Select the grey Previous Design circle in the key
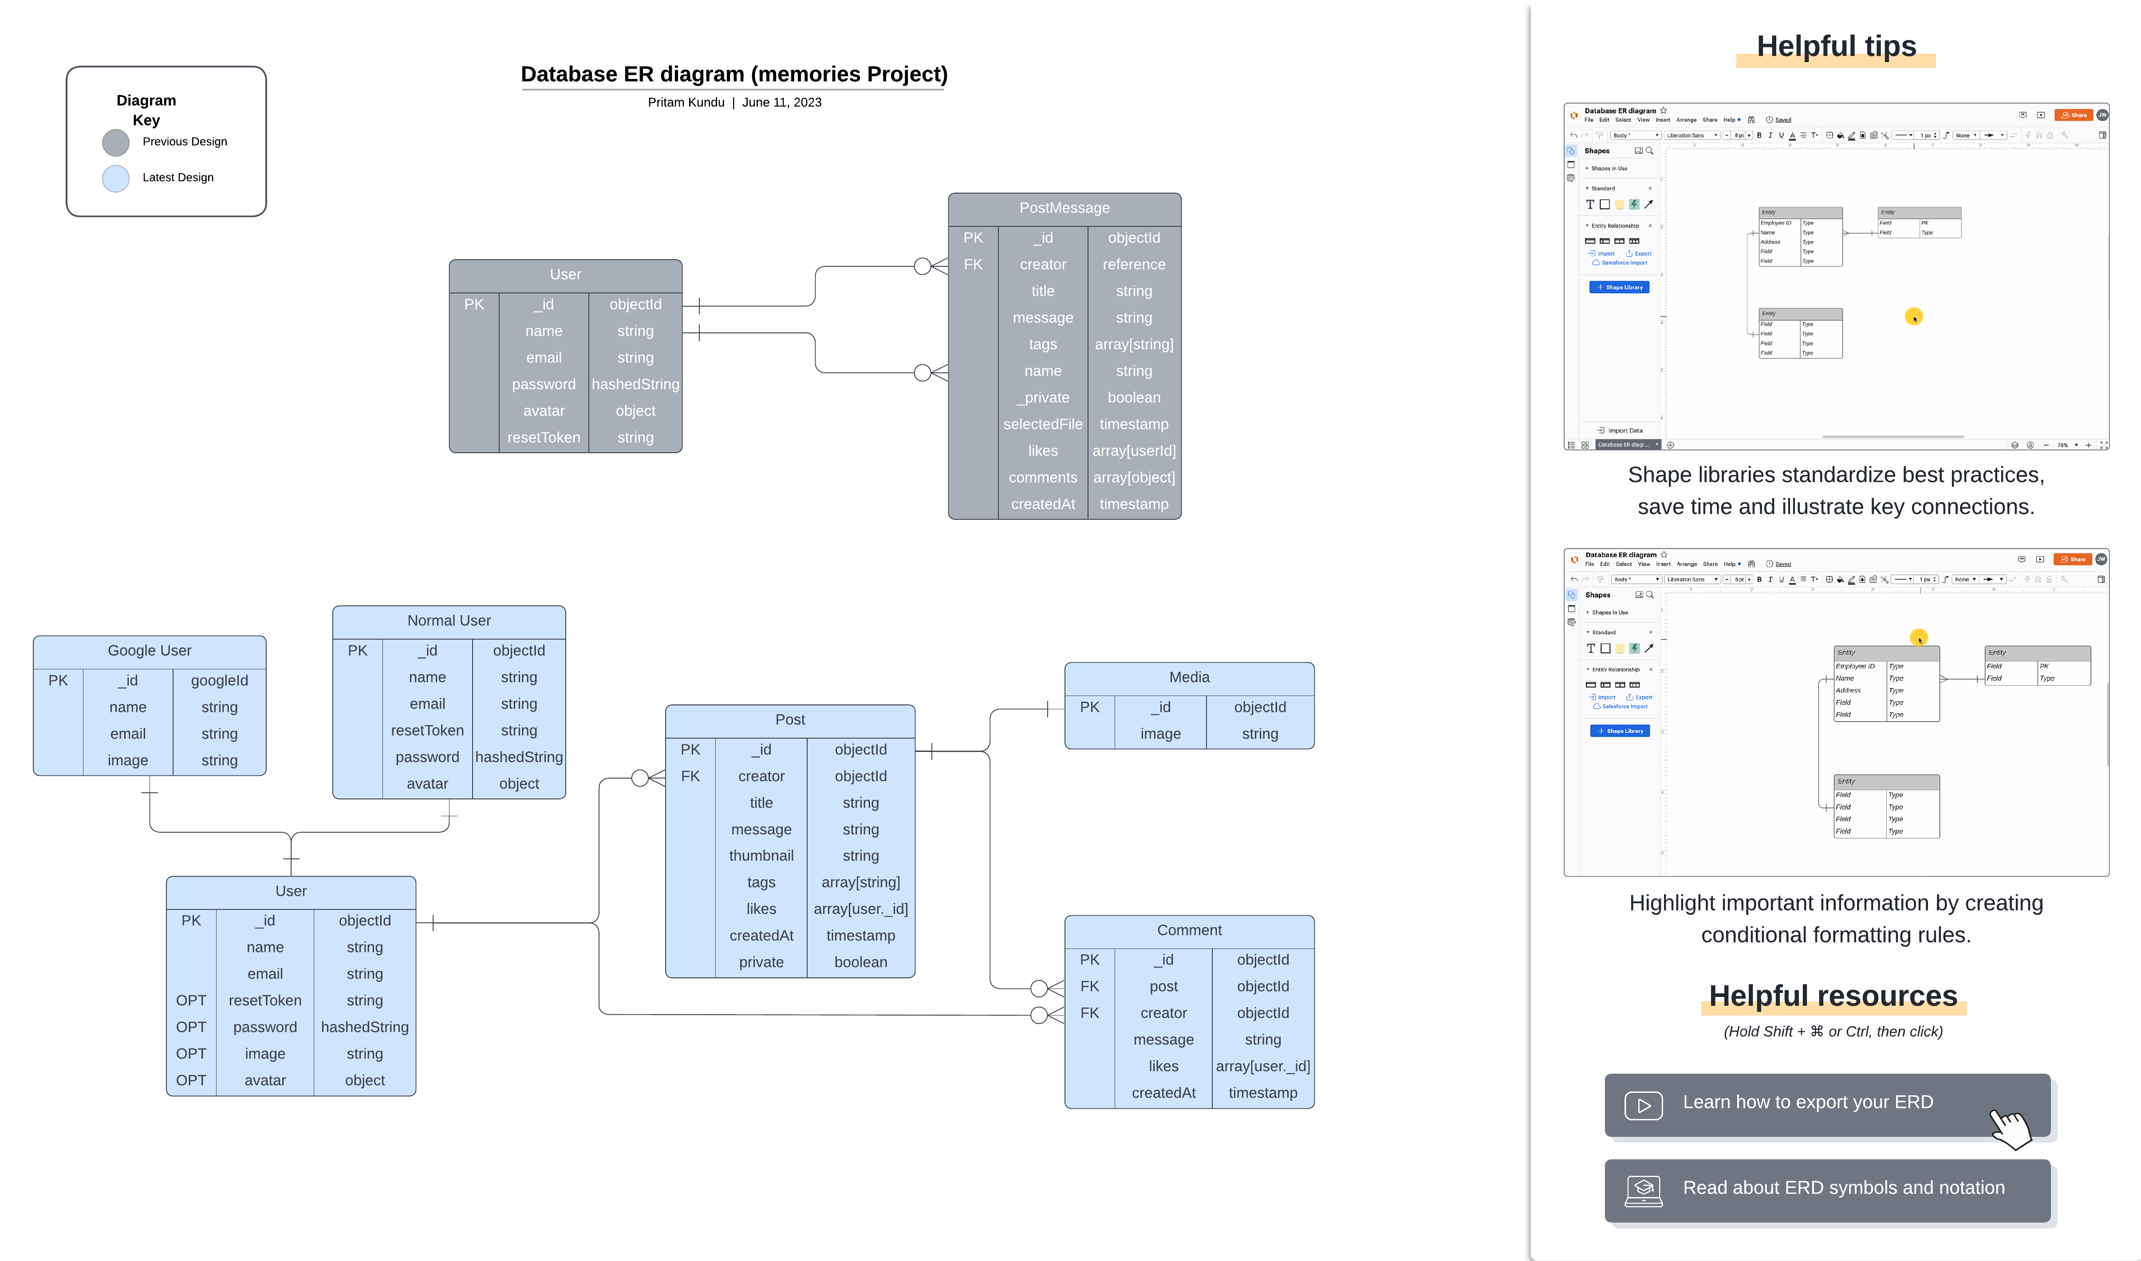click(115, 143)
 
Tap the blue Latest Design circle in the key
click(115, 178)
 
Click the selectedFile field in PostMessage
click(1042, 424)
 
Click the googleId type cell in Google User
click(219, 680)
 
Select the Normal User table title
click(449, 621)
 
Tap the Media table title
click(1189, 677)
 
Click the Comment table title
click(1189, 930)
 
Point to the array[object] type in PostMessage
click(1133, 478)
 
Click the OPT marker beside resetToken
click(191, 1000)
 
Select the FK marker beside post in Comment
click(1089, 987)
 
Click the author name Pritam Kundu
click(686, 103)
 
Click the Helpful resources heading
click(1833, 996)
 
